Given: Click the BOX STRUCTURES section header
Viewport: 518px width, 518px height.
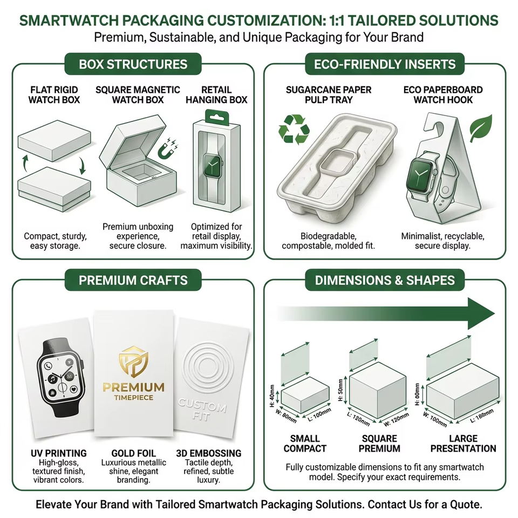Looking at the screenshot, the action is [x=133, y=64].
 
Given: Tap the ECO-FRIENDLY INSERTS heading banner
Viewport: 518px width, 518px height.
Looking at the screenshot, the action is [x=385, y=64].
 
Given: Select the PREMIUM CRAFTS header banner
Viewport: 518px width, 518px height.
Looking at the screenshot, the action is [x=133, y=280].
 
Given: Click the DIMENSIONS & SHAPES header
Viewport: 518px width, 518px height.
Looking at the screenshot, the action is [x=385, y=280].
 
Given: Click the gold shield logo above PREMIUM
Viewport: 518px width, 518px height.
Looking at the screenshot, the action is [x=133, y=362].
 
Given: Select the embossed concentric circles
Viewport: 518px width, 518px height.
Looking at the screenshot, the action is [x=208, y=367].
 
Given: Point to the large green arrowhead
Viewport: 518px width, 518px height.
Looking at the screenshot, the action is [x=481, y=313].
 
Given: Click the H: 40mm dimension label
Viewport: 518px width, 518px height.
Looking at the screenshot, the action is [x=272, y=396].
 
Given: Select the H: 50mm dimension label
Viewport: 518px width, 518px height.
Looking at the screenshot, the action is [x=340, y=390].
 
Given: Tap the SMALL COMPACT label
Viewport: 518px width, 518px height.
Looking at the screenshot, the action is [x=305, y=444].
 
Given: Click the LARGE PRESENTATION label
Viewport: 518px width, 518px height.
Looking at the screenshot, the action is [x=463, y=444].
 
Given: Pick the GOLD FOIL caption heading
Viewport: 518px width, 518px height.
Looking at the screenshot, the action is [x=133, y=453].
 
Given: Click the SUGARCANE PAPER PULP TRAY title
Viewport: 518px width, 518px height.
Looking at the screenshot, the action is [x=329, y=94].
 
